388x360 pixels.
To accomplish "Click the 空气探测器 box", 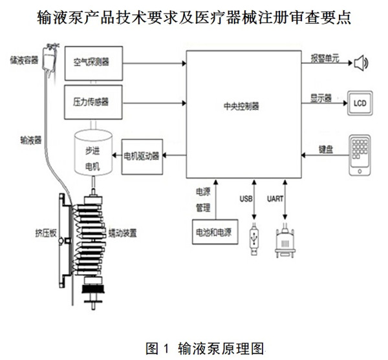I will point(91,63).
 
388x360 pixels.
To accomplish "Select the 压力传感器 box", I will point(91,101).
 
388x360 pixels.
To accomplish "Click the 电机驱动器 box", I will point(142,154).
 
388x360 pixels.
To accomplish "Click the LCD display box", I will point(360,103).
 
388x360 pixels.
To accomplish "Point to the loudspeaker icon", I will point(360,63).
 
